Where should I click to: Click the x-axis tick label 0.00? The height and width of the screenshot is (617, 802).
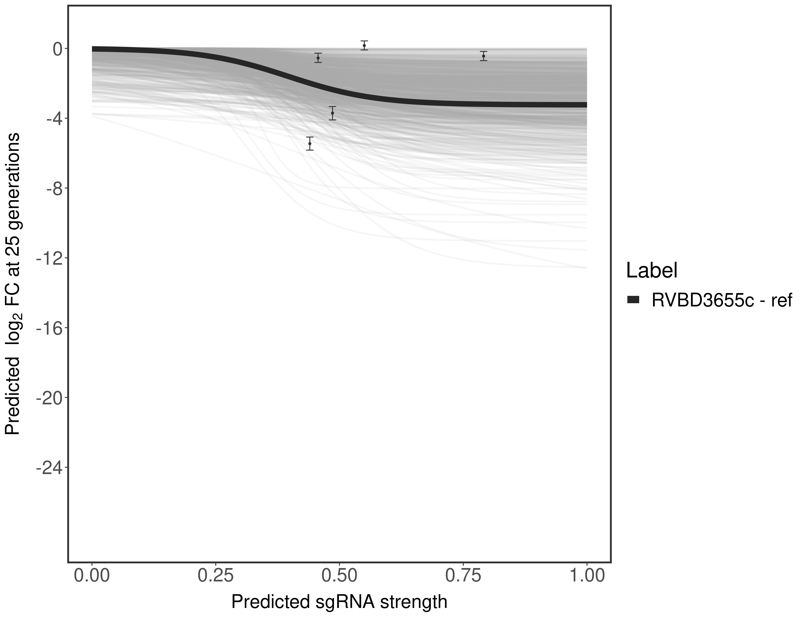(92, 575)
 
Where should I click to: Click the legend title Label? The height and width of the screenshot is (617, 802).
(652, 271)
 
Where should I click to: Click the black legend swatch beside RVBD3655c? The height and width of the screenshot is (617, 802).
(633, 300)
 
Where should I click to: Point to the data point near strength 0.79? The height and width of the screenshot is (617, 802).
(484, 56)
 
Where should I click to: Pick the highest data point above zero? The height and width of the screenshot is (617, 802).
(364, 45)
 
